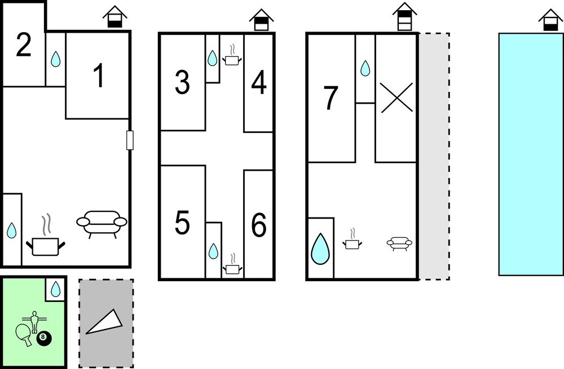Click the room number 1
coord(99,75)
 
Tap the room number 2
coord(24,45)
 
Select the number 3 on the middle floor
coord(182,82)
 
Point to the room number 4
coord(259,82)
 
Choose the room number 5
coord(182,223)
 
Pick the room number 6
coord(259,225)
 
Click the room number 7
coord(331,97)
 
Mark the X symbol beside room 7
coord(396,97)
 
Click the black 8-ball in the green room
coord(44,339)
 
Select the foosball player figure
coord(34,322)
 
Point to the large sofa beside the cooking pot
coord(102,224)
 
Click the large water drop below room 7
coord(320,248)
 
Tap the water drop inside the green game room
coord(55,289)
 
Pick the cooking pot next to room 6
coord(232,265)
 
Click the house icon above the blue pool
coord(550,20)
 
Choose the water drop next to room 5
coord(213,251)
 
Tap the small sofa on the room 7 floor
coord(399,243)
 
